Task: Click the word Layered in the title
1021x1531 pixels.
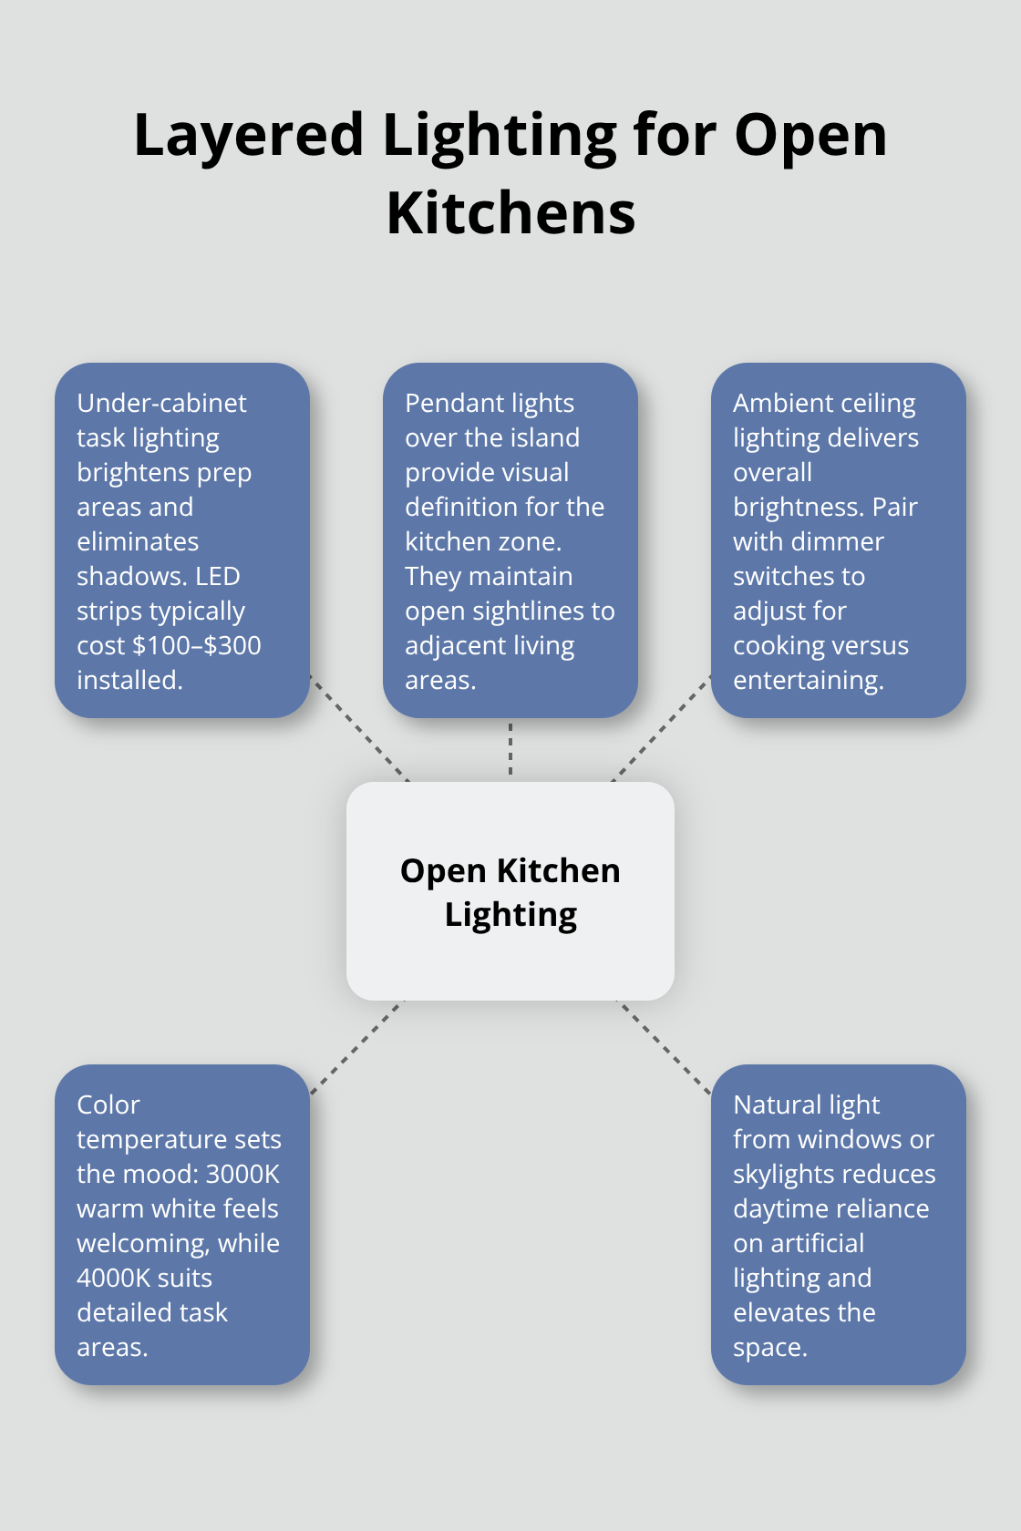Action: tap(249, 136)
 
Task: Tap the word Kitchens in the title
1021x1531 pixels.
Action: tap(510, 214)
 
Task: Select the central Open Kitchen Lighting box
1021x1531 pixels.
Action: tap(510, 890)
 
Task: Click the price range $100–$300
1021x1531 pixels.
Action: tap(197, 645)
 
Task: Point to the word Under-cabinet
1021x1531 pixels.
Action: tap(161, 403)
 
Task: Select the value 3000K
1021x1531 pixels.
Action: tap(242, 1174)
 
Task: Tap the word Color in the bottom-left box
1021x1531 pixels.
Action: tap(108, 1105)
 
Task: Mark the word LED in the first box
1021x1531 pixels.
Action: tap(218, 576)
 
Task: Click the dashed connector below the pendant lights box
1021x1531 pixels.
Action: tap(510, 749)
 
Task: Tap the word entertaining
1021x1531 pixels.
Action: tap(808, 680)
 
